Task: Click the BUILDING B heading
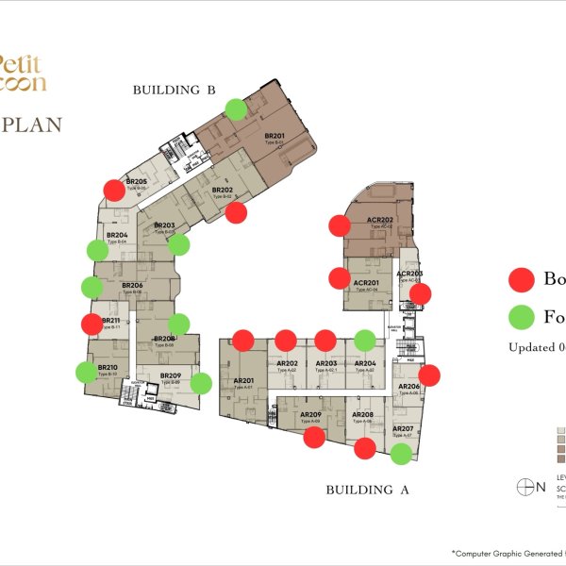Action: coord(175,90)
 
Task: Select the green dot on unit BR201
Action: coord(237,108)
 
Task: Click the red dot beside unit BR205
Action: coord(113,190)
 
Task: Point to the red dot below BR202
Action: coord(237,212)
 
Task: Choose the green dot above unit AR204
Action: coord(365,341)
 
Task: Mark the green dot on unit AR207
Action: coord(401,455)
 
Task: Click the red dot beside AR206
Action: coord(429,375)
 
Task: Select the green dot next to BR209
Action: coord(201,383)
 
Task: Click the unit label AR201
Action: coord(243,382)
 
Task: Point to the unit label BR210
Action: coord(107,368)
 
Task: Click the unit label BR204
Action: coord(117,235)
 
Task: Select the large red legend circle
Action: coord(522,279)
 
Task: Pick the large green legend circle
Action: coord(522,315)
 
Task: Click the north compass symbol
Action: coord(525,487)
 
